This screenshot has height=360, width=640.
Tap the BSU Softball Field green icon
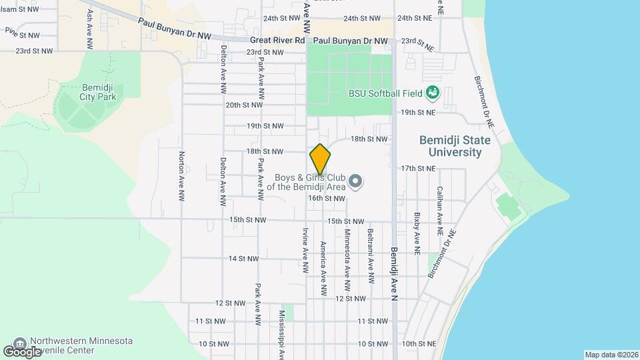[x=432, y=93]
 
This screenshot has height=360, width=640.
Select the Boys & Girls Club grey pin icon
[x=356, y=181]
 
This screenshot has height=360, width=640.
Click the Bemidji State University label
[x=455, y=146]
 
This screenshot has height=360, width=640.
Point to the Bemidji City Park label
[x=99, y=91]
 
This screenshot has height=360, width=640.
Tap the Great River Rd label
[x=275, y=41]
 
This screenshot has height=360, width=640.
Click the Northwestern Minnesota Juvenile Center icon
[x=19, y=342]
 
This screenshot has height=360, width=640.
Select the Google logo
[x=22, y=351]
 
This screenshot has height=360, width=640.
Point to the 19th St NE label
[x=417, y=113]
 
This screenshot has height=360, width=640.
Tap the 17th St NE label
[x=417, y=168]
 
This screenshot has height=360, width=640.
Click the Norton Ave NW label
[x=181, y=176]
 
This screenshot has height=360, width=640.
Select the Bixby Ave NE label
[x=417, y=233]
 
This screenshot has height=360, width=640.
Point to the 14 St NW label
[x=243, y=258]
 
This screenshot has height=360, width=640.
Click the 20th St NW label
[x=244, y=105]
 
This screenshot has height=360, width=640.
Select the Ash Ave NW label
[x=89, y=30]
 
